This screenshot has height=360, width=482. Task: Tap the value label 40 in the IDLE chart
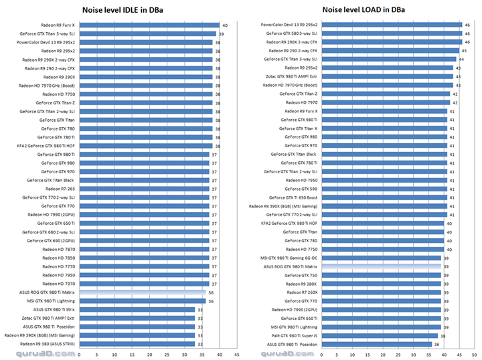[225, 24]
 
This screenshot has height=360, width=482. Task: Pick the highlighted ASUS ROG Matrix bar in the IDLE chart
[142, 292]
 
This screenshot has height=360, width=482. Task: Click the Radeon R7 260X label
[302, 292]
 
